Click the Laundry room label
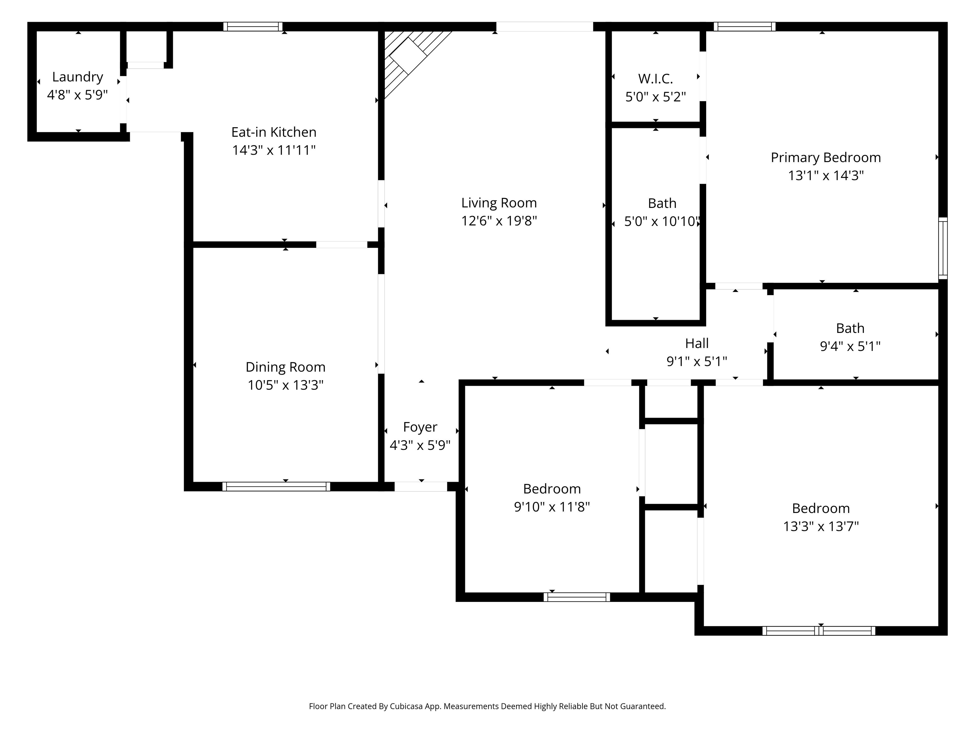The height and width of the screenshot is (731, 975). point(77,77)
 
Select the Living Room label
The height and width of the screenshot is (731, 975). point(499,203)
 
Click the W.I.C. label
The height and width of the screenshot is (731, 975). point(655,79)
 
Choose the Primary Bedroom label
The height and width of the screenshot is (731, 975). point(826,157)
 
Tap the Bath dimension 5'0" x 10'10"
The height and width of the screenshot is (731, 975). point(662,221)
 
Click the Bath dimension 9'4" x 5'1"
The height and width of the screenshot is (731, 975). point(850,346)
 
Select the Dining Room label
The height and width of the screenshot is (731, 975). point(286,367)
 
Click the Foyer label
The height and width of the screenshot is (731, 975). point(420,427)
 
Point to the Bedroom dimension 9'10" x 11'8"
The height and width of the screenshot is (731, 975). point(552,507)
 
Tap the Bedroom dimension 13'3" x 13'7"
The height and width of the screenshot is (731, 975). point(821,526)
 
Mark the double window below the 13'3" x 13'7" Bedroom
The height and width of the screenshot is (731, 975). point(819,630)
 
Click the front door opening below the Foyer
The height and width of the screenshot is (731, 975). point(421,486)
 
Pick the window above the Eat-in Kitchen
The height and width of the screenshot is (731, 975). point(253,26)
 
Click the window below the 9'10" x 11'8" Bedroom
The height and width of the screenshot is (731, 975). point(577,597)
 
